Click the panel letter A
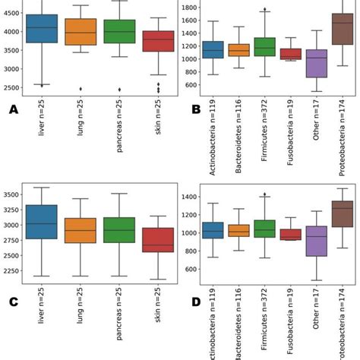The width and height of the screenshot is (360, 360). (13, 109)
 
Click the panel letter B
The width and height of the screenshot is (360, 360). (196, 109)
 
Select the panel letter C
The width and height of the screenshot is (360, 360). (13, 302)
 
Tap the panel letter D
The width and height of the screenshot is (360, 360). (196, 302)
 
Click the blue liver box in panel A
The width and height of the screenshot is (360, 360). (41, 28)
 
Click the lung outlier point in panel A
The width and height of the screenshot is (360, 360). (81, 89)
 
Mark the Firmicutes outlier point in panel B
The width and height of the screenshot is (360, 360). (264, 10)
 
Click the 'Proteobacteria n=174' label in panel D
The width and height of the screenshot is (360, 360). (343, 327)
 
